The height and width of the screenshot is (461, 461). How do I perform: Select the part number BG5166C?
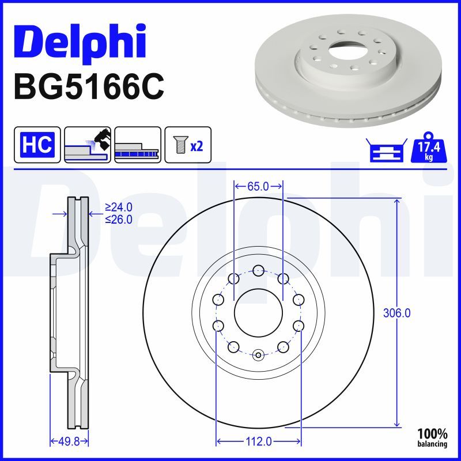[x=89, y=88]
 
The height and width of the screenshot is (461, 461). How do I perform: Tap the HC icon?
[x=37, y=145]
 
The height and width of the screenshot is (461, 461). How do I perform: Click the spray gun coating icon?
[x=88, y=145]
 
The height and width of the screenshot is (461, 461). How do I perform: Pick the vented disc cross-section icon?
[x=138, y=145]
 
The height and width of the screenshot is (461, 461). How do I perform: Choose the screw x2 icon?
[x=188, y=145]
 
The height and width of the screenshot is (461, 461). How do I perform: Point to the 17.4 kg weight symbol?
[x=429, y=148]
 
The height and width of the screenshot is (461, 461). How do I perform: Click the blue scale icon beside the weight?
[x=387, y=150]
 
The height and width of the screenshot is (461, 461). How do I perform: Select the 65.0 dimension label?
[x=258, y=186]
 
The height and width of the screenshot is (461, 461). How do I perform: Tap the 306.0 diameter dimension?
[x=396, y=313]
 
